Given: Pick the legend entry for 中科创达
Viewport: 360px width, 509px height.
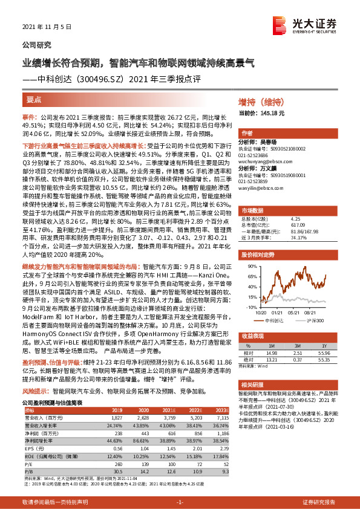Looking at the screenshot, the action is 275,321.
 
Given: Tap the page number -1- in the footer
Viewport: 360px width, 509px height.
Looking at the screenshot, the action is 179,502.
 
